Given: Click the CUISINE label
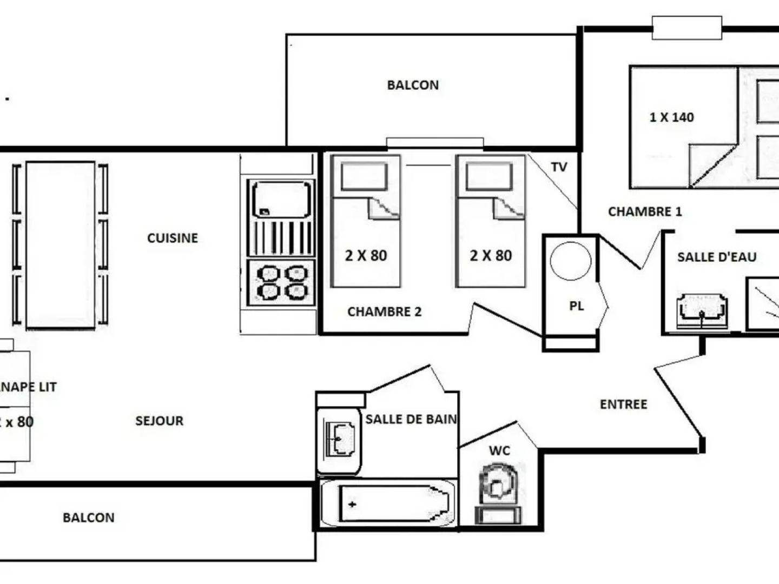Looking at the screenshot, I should (x=173, y=238).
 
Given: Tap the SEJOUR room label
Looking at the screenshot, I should (x=159, y=421).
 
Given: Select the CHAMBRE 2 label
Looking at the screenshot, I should (x=384, y=311).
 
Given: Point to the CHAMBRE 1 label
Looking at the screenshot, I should (x=645, y=211).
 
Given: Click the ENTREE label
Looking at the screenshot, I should (x=623, y=404).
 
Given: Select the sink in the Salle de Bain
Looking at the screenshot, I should (x=339, y=439).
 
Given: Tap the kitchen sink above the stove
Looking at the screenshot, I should (x=281, y=199).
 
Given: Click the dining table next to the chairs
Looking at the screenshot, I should (x=60, y=244).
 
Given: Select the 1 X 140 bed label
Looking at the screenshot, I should (x=671, y=117).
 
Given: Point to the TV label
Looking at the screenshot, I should (x=559, y=167).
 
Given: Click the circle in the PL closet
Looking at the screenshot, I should (x=571, y=261).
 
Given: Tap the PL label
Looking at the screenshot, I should (x=577, y=306).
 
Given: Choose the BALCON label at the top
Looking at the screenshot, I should (x=413, y=85).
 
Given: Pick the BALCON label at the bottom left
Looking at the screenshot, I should (x=89, y=517).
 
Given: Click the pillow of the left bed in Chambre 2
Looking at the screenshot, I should (x=365, y=177).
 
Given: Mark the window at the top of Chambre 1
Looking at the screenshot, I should (x=686, y=28).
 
